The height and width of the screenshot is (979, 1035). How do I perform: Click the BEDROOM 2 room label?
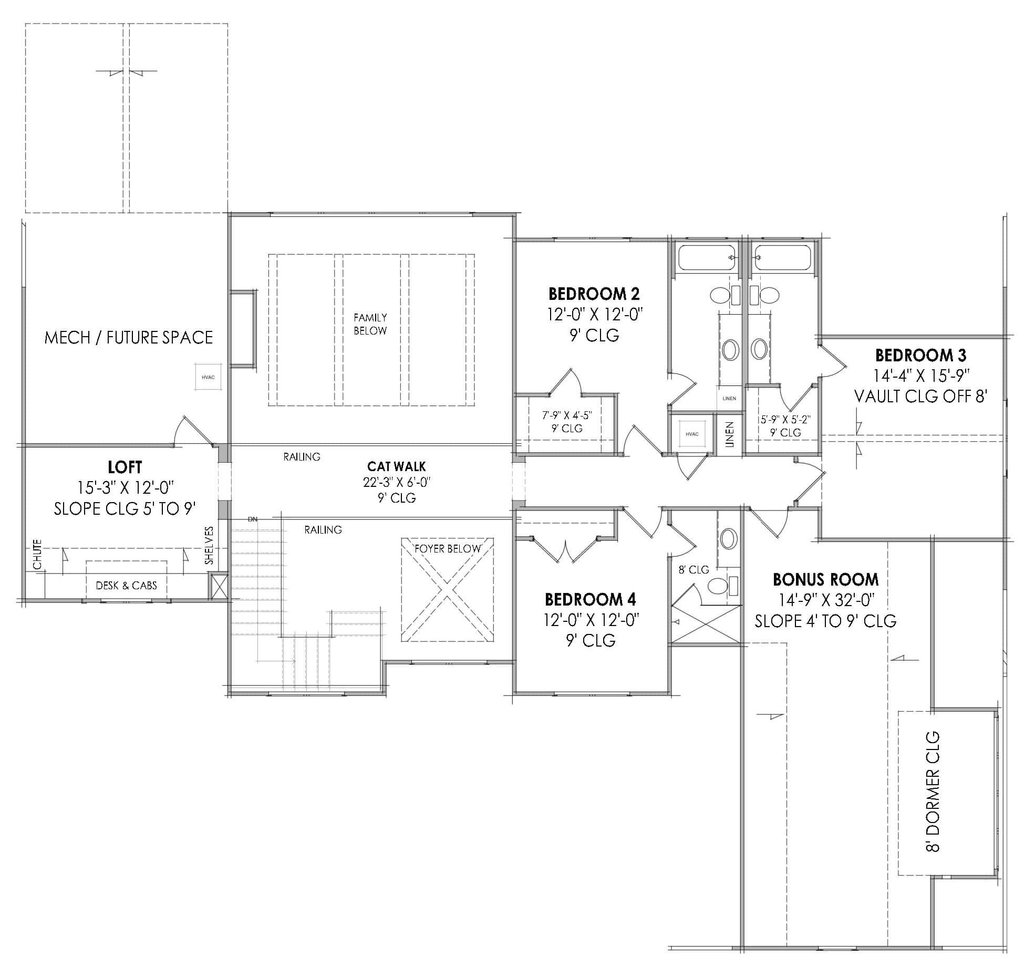(x=594, y=293)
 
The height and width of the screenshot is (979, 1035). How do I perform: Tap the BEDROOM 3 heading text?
(x=920, y=356)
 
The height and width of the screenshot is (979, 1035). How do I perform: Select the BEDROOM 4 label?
(x=591, y=599)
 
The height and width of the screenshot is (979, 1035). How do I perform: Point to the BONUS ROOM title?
(x=825, y=579)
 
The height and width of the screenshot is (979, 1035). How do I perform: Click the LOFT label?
(x=125, y=467)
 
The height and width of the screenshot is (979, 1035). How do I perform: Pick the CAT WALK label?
(x=396, y=466)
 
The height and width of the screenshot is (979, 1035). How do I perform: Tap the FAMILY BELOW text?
(x=370, y=324)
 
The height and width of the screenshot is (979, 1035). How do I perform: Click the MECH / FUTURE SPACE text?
(x=129, y=337)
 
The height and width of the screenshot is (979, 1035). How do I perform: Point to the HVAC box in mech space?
(x=208, y=377)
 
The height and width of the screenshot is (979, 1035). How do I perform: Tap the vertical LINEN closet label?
(x=729, y=434)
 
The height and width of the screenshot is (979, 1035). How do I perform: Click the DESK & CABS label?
(x=126, y=585)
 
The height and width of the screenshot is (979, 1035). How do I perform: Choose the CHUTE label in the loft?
(x=37, y=555)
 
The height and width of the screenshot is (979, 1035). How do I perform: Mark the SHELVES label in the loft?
(x=209, y=546)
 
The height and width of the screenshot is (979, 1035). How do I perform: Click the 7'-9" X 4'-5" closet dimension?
(x=567, y=415)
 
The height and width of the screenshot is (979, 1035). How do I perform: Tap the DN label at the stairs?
(x=253, y=519)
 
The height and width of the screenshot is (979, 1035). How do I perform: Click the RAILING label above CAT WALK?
(x=302, y=457)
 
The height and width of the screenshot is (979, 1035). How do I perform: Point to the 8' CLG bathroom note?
(x=694, y=570)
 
